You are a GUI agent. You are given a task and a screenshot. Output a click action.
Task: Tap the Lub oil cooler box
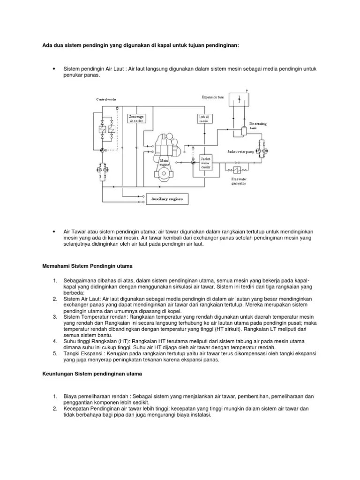203,119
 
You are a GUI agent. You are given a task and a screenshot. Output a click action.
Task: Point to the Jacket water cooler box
206,162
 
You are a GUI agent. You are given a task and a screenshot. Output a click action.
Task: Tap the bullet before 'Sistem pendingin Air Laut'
55,69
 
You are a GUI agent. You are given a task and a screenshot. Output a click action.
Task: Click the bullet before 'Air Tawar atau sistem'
55,232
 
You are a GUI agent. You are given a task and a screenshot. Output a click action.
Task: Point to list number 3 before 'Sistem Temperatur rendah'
55,317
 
